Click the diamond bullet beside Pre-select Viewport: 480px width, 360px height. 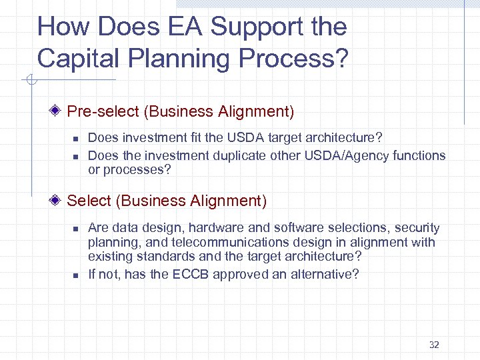click(x=59, y=111)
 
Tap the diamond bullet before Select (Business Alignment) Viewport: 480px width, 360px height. click(x=59, y=201)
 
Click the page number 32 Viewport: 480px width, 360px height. click(x=434, y=345)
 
